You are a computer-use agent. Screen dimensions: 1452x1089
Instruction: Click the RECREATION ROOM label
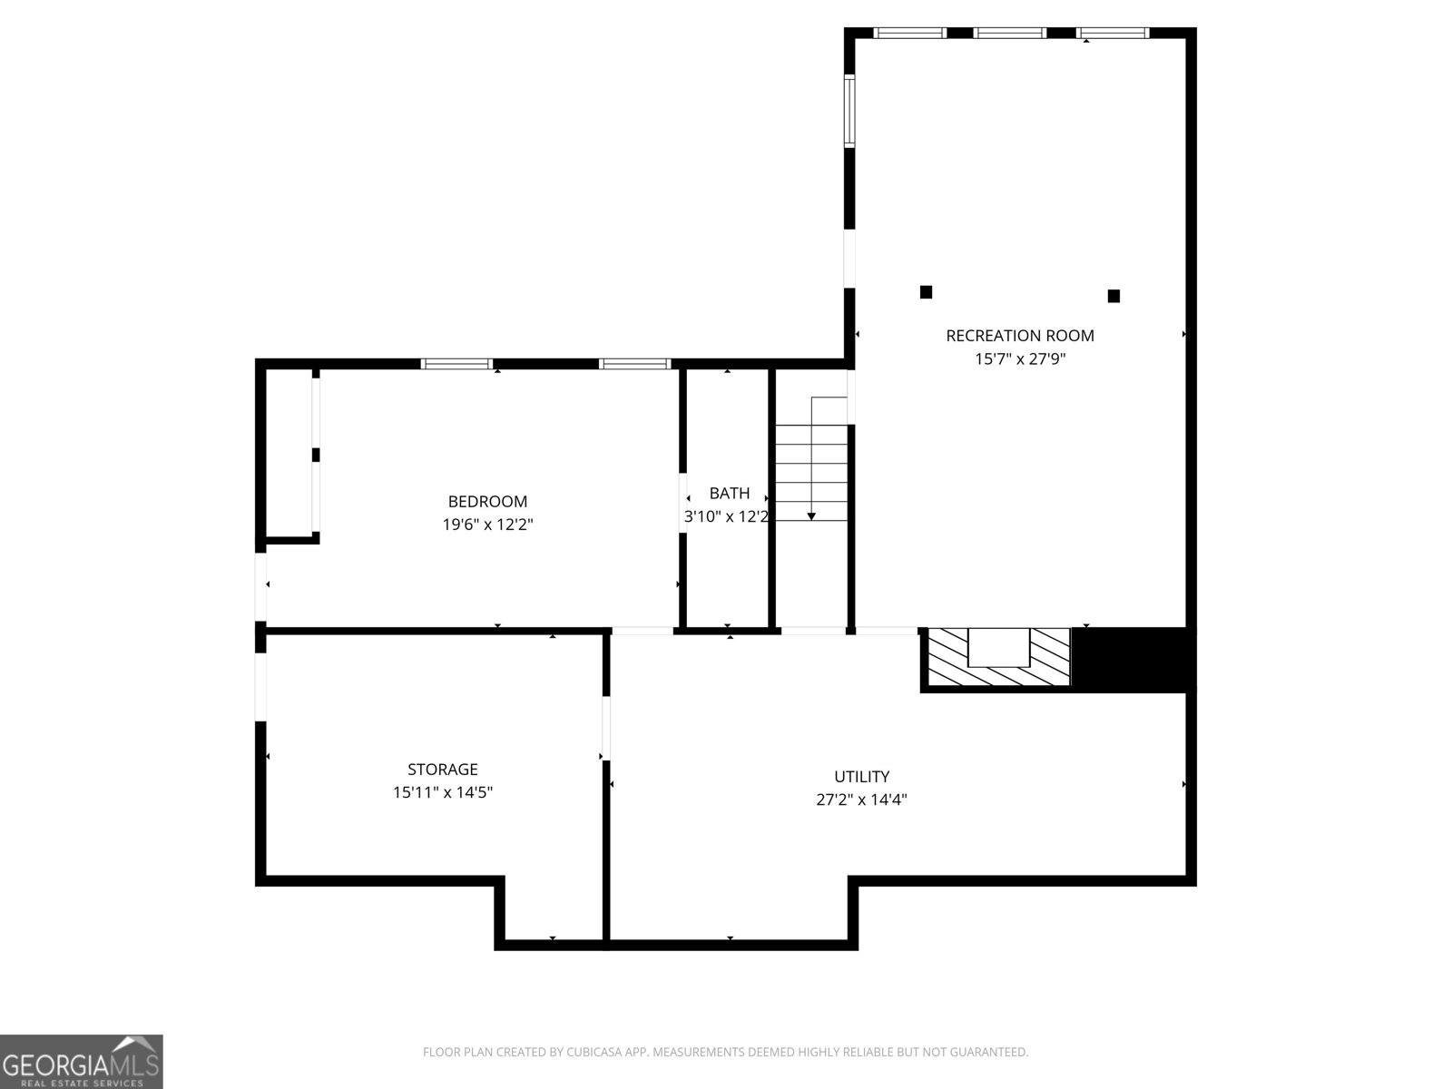point(1019,336)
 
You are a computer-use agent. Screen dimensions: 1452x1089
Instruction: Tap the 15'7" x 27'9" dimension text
point(1020,359)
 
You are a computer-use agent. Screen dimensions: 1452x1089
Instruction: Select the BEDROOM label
point(487,501)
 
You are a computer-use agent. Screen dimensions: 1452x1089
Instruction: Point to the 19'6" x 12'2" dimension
point(487,525)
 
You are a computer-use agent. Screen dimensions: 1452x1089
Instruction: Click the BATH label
point(730,494)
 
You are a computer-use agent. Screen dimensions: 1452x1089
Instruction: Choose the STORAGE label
point(443,769)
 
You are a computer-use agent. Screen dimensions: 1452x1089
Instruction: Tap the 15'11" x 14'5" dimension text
point(443,792)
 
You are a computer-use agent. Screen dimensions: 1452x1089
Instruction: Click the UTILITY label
point(861,776)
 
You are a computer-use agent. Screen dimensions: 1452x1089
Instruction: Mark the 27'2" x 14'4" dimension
point(861,800)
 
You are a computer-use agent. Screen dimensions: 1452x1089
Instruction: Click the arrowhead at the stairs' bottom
point(811,516)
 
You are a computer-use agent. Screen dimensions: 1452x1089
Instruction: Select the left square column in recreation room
point(927,291)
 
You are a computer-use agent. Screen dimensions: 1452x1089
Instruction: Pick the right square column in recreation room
point(1114,296)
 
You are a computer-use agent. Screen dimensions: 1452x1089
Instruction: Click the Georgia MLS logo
point(82,1061)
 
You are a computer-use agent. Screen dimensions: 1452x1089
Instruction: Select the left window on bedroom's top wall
point(457,364)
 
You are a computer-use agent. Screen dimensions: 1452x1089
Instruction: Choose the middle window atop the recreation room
point(1010,33)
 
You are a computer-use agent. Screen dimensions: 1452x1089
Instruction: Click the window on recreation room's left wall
point(849,111)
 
